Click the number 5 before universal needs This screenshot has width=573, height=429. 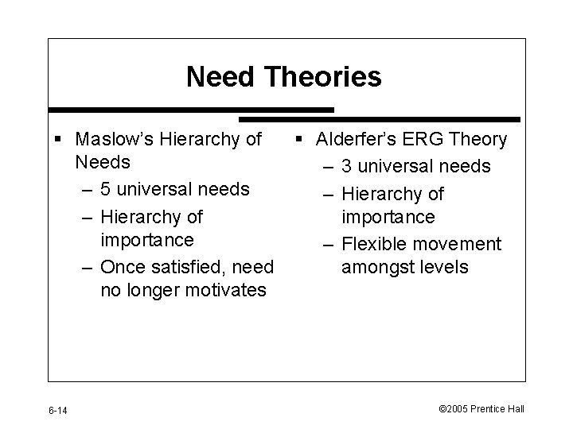coord(106,189)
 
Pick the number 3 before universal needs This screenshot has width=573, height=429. coord(348,167)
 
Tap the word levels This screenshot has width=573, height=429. coord(443,267)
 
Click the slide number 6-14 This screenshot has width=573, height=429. coord(58,410)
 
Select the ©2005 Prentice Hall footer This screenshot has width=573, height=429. coord(481,409)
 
